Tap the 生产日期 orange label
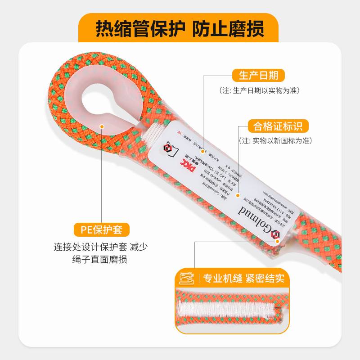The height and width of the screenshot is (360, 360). click(x=258, y=75)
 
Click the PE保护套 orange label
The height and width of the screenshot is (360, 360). click(x=102, y=229)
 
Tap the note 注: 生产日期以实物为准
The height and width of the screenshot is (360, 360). click(x=260, y=90)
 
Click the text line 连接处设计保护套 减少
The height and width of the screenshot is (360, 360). click(x=101, y=247)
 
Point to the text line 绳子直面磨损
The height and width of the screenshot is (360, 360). click(x=99, y=260)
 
